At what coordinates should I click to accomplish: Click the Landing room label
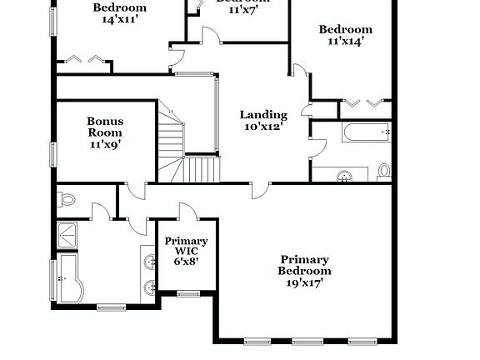coord(263,115)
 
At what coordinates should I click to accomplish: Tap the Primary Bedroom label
coord(304,265)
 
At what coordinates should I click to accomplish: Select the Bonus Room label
coord(105,127)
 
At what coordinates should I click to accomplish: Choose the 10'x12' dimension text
coord(263,127)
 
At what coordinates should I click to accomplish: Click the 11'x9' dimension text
coord(105,144)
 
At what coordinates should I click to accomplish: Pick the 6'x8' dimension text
coord(186,262)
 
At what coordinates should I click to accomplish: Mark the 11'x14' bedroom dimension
coord(345,41)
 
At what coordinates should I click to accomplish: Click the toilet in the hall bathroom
coord(384,172)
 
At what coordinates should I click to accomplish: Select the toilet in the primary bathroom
coord(67,200)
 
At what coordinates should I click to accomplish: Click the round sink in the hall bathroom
coord(343,176)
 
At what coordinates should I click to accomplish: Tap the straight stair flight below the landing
coord(202,170)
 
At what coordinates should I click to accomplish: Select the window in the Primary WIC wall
coord(188,292)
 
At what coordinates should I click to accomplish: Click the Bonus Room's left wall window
coord(52,154)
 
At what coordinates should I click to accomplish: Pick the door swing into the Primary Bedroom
coord(260,190)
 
